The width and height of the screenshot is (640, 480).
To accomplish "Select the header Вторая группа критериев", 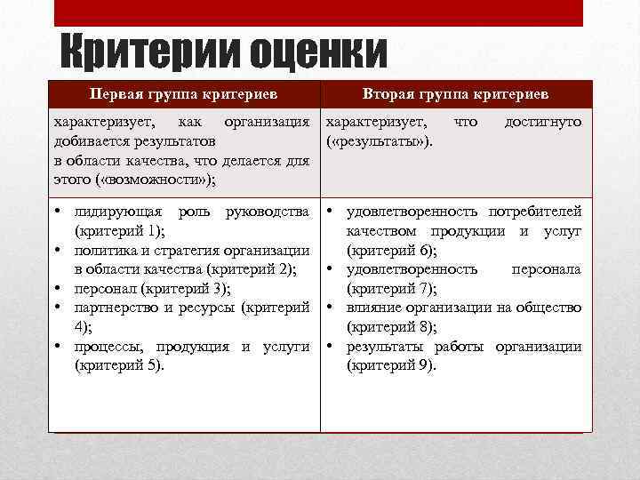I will [x=456, y=93].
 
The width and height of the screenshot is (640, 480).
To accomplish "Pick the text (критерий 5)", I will [x=119, y=364].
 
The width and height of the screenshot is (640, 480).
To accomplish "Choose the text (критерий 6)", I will [x=391, y=250].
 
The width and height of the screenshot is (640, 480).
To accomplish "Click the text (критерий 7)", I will [x=391, y=288].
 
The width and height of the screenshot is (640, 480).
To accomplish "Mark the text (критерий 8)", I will [x=391, y=326].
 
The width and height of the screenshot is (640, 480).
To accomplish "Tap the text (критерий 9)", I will [x=391, y=364].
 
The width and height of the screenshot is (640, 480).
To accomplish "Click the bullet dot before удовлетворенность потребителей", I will [x=331, y=211].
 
